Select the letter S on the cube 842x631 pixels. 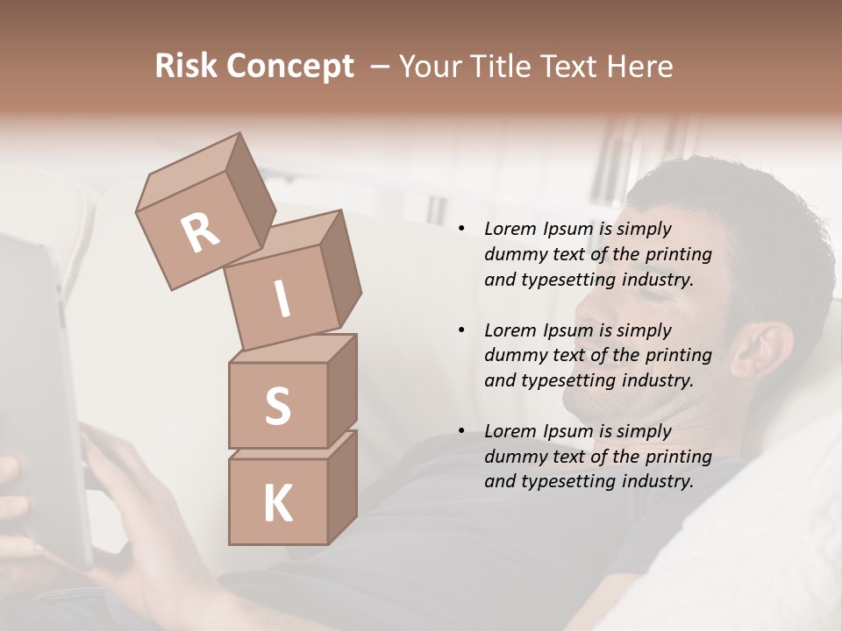pos(277,406)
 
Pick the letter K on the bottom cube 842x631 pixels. pos(277,504)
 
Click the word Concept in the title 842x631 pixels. pos(289,67)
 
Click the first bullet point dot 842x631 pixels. pos(461,230)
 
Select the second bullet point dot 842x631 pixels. pos(461,331)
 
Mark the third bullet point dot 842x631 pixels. pos(461,432)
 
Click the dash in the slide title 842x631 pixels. pos(380,66)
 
